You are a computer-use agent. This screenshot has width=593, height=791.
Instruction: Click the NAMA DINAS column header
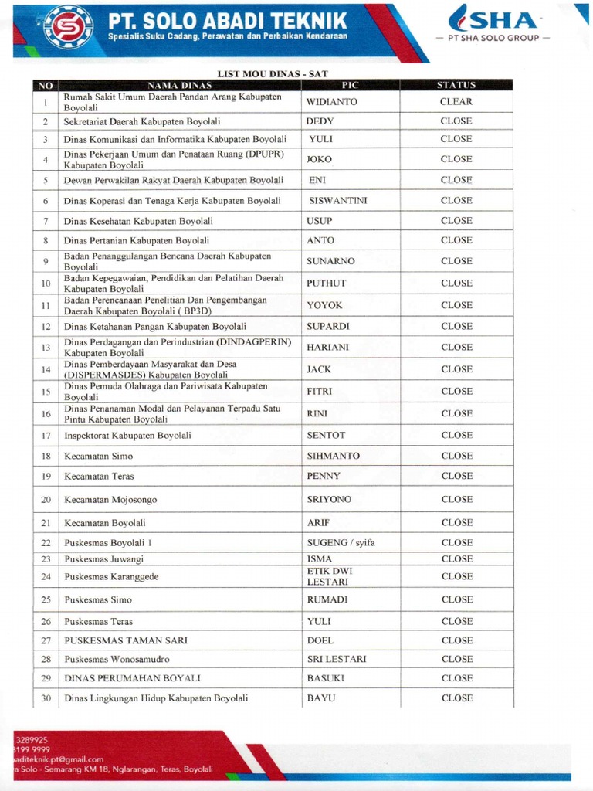point(179,85)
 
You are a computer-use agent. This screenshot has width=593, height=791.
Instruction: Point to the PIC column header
point(350,85)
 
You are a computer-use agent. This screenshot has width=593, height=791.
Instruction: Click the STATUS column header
point(456,85)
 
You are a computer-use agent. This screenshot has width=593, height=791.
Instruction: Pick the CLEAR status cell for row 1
point(456,102)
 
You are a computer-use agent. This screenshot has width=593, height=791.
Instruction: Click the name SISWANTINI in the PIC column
point(337,201)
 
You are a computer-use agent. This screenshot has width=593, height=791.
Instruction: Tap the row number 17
point(46,436)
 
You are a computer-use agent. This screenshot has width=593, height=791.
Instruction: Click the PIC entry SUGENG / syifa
point(341,543)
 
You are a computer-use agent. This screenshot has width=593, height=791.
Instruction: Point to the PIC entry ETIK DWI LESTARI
point(329,576)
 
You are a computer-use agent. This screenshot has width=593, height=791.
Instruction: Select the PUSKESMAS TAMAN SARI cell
point(125,640)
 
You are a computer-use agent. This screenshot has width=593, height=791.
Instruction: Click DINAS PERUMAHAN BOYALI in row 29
point(132,678)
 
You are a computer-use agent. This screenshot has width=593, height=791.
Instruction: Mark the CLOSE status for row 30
point(456,698)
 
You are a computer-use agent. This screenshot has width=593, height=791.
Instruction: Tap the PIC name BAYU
point(321,698)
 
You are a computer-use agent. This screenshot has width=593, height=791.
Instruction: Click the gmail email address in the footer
point(59,759)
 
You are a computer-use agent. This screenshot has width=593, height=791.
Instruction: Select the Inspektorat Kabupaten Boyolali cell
point(127,436)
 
